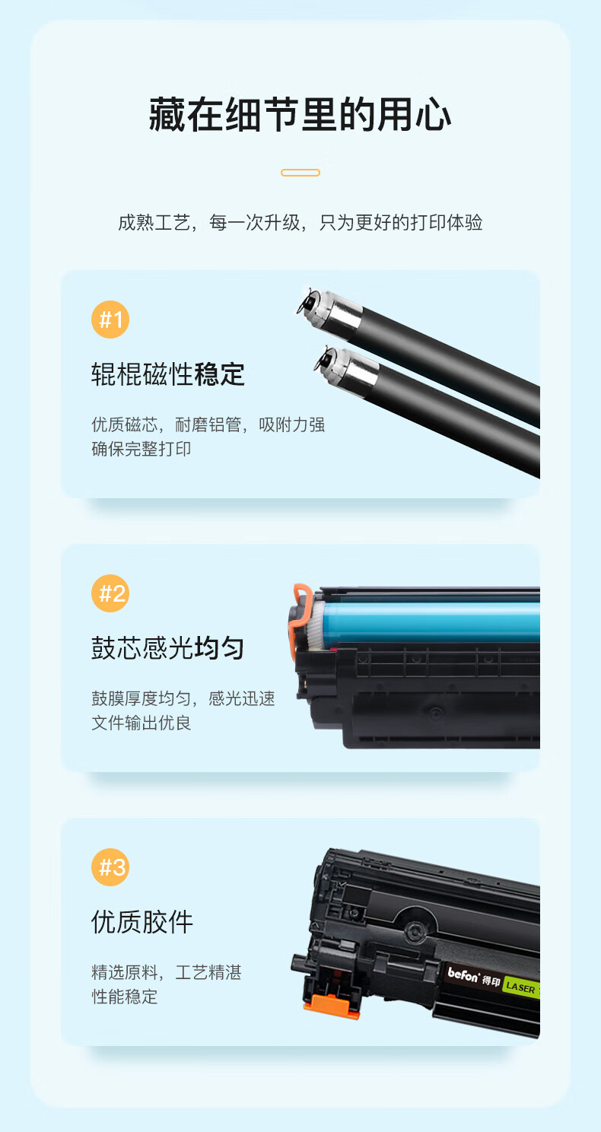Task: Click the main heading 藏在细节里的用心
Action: [x=300, y=115]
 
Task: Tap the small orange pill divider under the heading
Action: [x=300, y=173]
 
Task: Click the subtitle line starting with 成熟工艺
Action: [x=300, y=222]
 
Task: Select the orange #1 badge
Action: [x=110, y=320]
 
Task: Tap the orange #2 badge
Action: [x=110, y=593]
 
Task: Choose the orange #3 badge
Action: [x=110, y=867]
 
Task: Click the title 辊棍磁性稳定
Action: [x=168, y=374]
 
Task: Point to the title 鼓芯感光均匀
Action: [x=168, y=648]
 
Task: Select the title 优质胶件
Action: [x=142, y=922]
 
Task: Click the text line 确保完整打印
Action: [x=141, y=449]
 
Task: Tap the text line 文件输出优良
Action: [x=141, y=723]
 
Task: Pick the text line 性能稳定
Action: [x=124, y=997]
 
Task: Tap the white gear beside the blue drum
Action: [x=317, y=625]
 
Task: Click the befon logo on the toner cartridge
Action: [x=463, y=975]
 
